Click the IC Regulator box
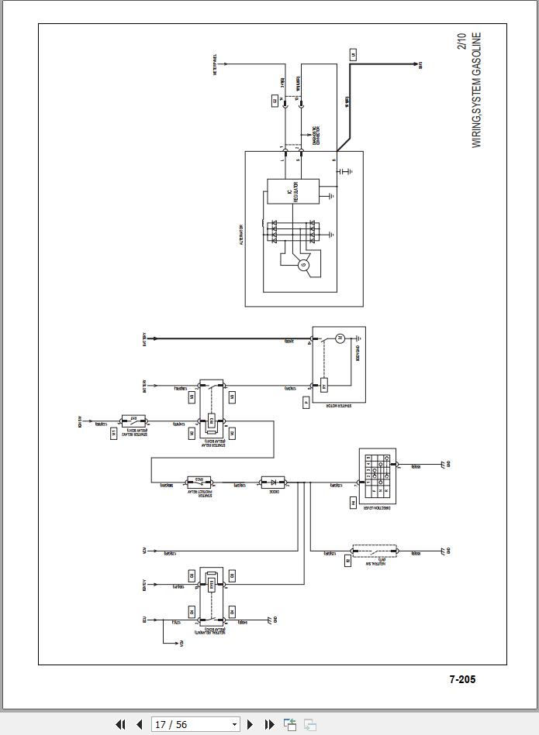[293, 191]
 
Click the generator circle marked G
[304, 266]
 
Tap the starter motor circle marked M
[339, 338]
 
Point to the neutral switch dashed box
[374, 551]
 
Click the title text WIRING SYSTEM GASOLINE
[476, 90]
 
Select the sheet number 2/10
[463, 41]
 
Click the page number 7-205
[462, 679]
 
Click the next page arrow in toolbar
[250, 724]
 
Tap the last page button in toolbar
[269, 724]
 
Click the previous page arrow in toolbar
[139, 724]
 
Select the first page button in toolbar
[120, 724]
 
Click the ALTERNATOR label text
[241, 235]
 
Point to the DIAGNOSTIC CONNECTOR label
[315, 136]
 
